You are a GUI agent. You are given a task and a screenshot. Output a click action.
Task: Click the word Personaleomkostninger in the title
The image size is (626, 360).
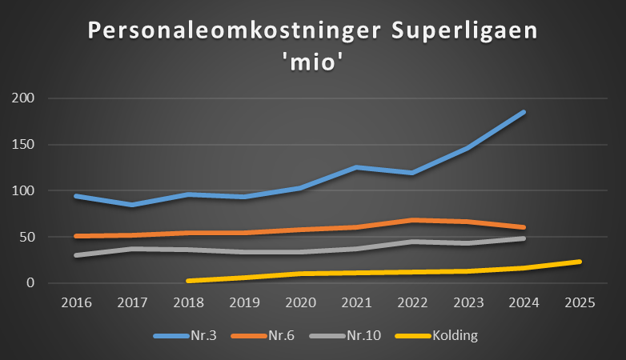pos(211,31)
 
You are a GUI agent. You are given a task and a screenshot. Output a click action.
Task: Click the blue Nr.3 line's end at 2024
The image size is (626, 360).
pos(524,112)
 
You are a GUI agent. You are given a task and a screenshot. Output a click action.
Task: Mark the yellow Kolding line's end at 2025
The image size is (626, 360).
pos(579,262)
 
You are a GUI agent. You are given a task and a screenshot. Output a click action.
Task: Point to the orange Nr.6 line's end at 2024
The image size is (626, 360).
pos(524,227)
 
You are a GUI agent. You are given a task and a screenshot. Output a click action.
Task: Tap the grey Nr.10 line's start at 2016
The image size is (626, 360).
pos(77,255)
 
